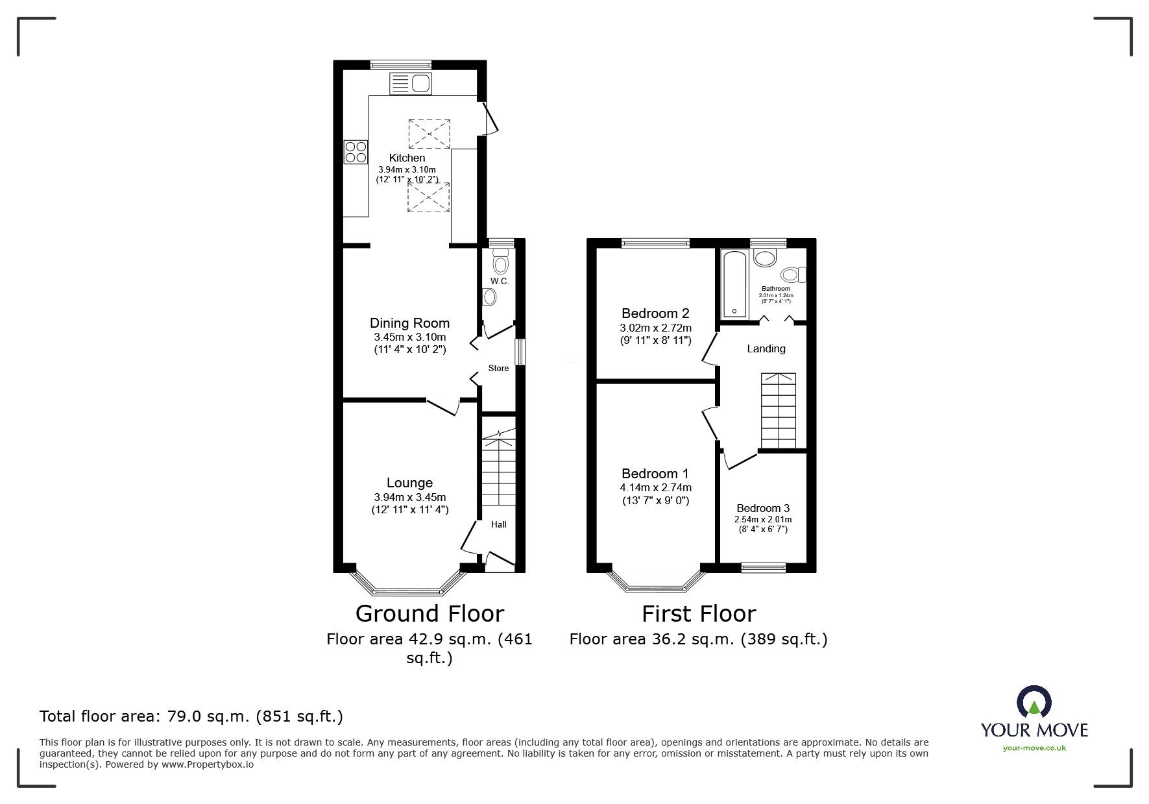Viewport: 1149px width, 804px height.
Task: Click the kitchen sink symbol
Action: [410, 83]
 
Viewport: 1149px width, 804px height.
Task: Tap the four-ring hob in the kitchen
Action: [356, 152]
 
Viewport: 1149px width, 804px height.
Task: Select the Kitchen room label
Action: [407, 158]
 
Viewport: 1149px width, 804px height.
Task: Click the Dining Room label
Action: [409, 323]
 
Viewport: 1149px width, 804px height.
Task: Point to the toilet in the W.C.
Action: [500, 263]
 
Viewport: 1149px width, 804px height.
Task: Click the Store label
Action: [498, 368]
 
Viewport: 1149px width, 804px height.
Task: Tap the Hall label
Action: [498, 524]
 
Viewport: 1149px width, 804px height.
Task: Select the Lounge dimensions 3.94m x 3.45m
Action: [409, 497]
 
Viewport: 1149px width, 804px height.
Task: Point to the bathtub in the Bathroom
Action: [734, 284]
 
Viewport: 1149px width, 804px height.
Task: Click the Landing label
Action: [766, 349]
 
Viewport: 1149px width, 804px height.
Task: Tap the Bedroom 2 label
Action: [655, 313]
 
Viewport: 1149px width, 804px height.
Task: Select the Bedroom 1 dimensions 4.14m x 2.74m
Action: [655, 488]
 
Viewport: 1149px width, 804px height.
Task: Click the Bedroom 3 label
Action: [763, 508]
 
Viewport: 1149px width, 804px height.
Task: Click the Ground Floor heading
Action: [429, 614]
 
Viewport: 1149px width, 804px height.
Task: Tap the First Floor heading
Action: [699, 614]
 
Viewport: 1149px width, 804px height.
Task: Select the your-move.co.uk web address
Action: [1034, 748]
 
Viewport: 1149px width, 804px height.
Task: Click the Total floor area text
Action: [191, 716]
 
